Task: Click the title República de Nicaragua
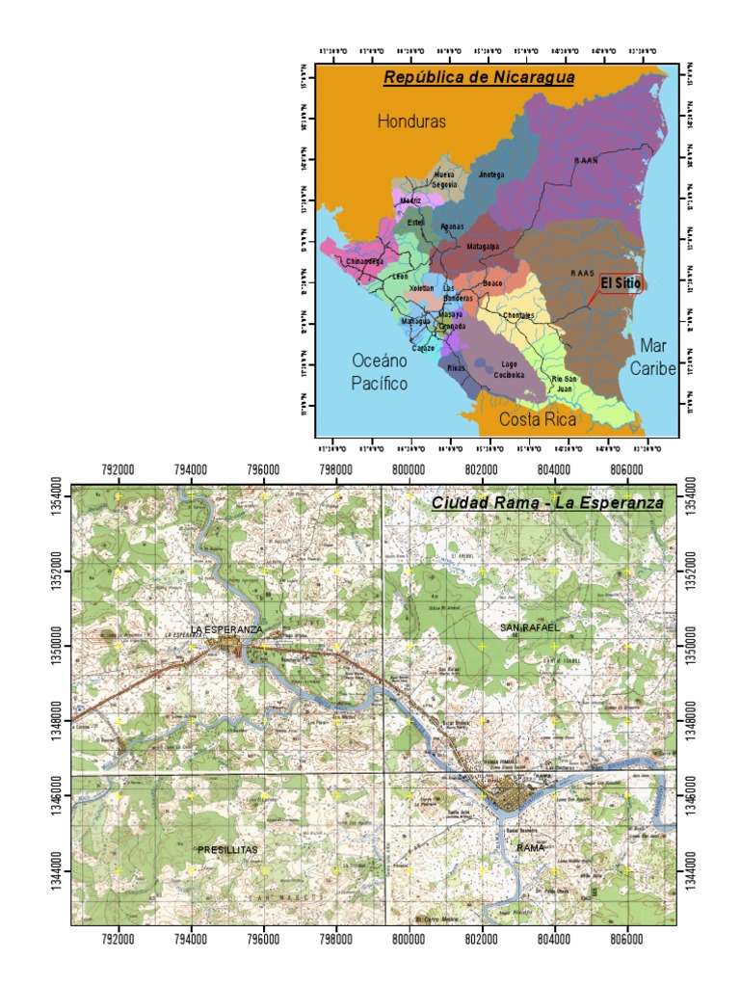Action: [479, 77]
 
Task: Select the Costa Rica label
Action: [538, 420]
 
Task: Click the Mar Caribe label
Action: [652, 356]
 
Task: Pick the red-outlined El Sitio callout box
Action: [621, 283]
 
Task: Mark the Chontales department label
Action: [518, 315]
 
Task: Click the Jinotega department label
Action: [491, 174]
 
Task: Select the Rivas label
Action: [457, 367]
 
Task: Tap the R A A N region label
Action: [585, 162]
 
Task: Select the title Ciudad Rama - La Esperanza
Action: [547, 503]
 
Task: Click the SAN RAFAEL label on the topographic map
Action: [529, 627]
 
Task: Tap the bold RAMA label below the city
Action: [531, 847]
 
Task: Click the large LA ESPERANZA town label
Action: [225, 629]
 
